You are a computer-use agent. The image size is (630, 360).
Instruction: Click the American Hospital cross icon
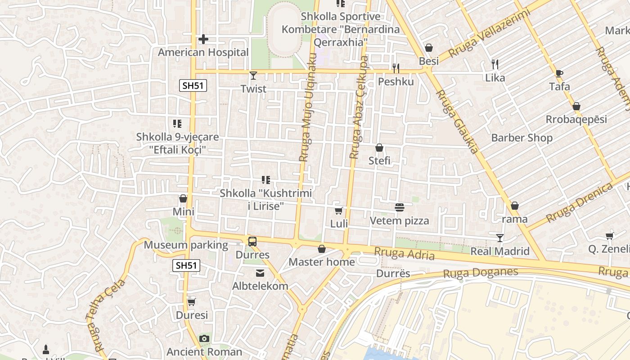(x=203, y=40)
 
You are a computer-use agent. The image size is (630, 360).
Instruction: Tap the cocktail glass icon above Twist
(x=253, y=75)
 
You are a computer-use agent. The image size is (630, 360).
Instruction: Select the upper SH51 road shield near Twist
(x=193, y=85)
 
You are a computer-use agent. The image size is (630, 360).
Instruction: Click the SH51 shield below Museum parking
(x=186, y=265)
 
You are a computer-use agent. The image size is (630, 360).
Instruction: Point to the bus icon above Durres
(x=252, y=242)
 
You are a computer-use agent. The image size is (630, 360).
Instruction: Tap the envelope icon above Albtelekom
(x=260, y=273)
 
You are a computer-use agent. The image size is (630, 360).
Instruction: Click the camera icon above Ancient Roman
(x=204, y=338)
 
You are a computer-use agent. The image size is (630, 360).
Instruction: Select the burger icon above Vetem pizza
(x=399, y=207)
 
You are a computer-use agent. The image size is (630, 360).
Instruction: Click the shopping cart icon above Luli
(x=339, y=211)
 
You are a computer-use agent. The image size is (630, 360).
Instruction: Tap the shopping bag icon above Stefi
(x=379, y=148)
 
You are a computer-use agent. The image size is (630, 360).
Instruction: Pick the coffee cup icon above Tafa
(x=559, y=73)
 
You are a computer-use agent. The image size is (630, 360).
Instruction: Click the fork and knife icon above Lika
(x=495, y=64)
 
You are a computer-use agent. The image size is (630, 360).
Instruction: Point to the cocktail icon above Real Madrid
(x=500, y=238)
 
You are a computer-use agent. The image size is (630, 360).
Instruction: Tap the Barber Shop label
(x=522, y=138)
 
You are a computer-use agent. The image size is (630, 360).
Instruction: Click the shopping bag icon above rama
(x=515, y=206)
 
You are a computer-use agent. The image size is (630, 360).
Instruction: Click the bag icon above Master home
(x=322, y=249)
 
